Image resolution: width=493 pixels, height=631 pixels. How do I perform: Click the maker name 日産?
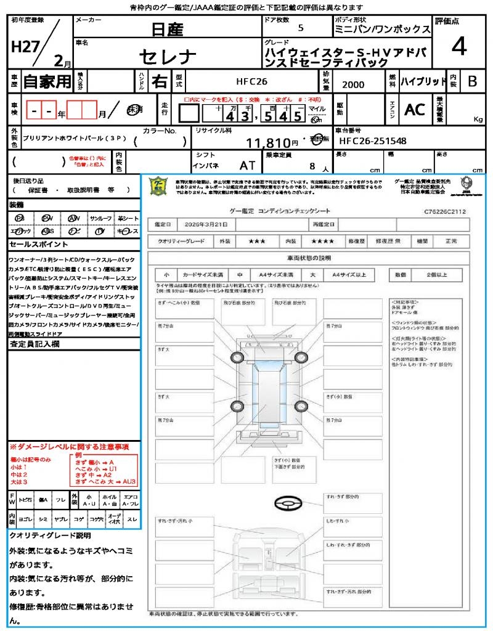[167, 28]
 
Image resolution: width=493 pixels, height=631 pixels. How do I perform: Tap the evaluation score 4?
[458, 47]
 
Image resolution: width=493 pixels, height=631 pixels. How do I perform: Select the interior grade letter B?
[472, 81]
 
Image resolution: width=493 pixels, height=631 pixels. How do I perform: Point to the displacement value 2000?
[353, 85]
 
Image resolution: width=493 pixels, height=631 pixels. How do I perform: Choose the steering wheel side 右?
[159, 81]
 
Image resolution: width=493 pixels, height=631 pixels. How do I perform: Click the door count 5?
[300, 28]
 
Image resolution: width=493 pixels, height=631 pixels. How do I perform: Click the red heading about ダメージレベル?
[69, 446]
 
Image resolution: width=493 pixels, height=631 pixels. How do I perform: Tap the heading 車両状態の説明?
[309, 258]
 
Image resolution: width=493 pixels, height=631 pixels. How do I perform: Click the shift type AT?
[247, 165]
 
